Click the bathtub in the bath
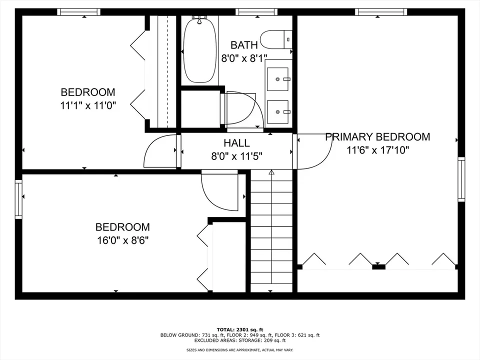coord(199,50)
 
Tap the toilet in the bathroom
coord(276,39)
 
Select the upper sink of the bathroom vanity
coord(277,79)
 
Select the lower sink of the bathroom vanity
coord(277,111)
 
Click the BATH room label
coord(244,45)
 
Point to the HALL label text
coord(236,143)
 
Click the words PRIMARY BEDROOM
coord(377,137)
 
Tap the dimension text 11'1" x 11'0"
coord(88,106)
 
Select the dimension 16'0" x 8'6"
coord(123,240)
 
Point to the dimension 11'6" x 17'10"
coord(378,150)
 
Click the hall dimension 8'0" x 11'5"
coord(236,156)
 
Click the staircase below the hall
coord(271,231)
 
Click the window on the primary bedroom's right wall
coord(461,179)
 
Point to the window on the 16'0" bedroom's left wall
coord(18,199)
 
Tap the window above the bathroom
coord(256,12)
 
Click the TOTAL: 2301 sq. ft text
coord(240,329)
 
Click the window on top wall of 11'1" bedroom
coord(78,12)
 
